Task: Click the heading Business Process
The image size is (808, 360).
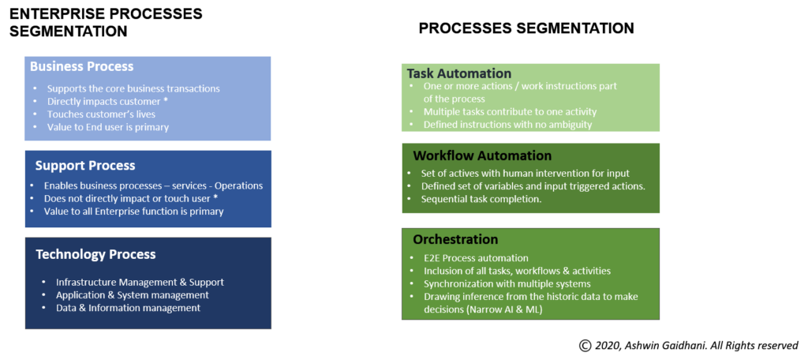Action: (x=81, y=66)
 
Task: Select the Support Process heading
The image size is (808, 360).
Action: (x=85, y=166)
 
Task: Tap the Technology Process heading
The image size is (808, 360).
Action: (x=95, y=254)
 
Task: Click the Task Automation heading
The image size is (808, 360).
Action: (x=458, y=73)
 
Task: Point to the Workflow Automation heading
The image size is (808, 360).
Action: (x=482, y=156)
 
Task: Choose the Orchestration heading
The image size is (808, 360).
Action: (x=455, y=239)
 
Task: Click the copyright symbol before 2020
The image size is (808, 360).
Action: (x=585, y=346)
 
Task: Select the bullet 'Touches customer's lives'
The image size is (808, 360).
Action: (x=97, y=114)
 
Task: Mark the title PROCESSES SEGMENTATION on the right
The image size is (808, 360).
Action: (x=526, y=28)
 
